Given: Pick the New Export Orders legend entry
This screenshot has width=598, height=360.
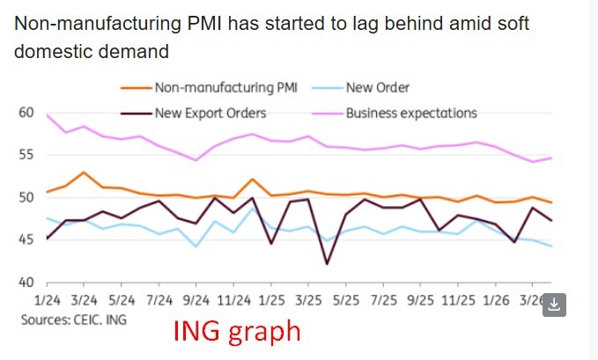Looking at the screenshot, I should (x=210, y=113).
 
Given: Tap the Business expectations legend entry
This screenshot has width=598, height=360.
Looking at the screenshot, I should (x=410, y=113).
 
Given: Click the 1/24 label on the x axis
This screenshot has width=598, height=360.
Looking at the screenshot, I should (x=46, y=300).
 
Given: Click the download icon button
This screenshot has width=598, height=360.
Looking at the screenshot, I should (x=554, y=305).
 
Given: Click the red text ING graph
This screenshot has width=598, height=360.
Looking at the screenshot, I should (x=236, y=333).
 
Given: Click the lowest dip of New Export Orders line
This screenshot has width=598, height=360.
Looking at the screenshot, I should (x=328, y=263).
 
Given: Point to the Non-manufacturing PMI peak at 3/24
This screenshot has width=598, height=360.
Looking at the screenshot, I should (x=84, y=173).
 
